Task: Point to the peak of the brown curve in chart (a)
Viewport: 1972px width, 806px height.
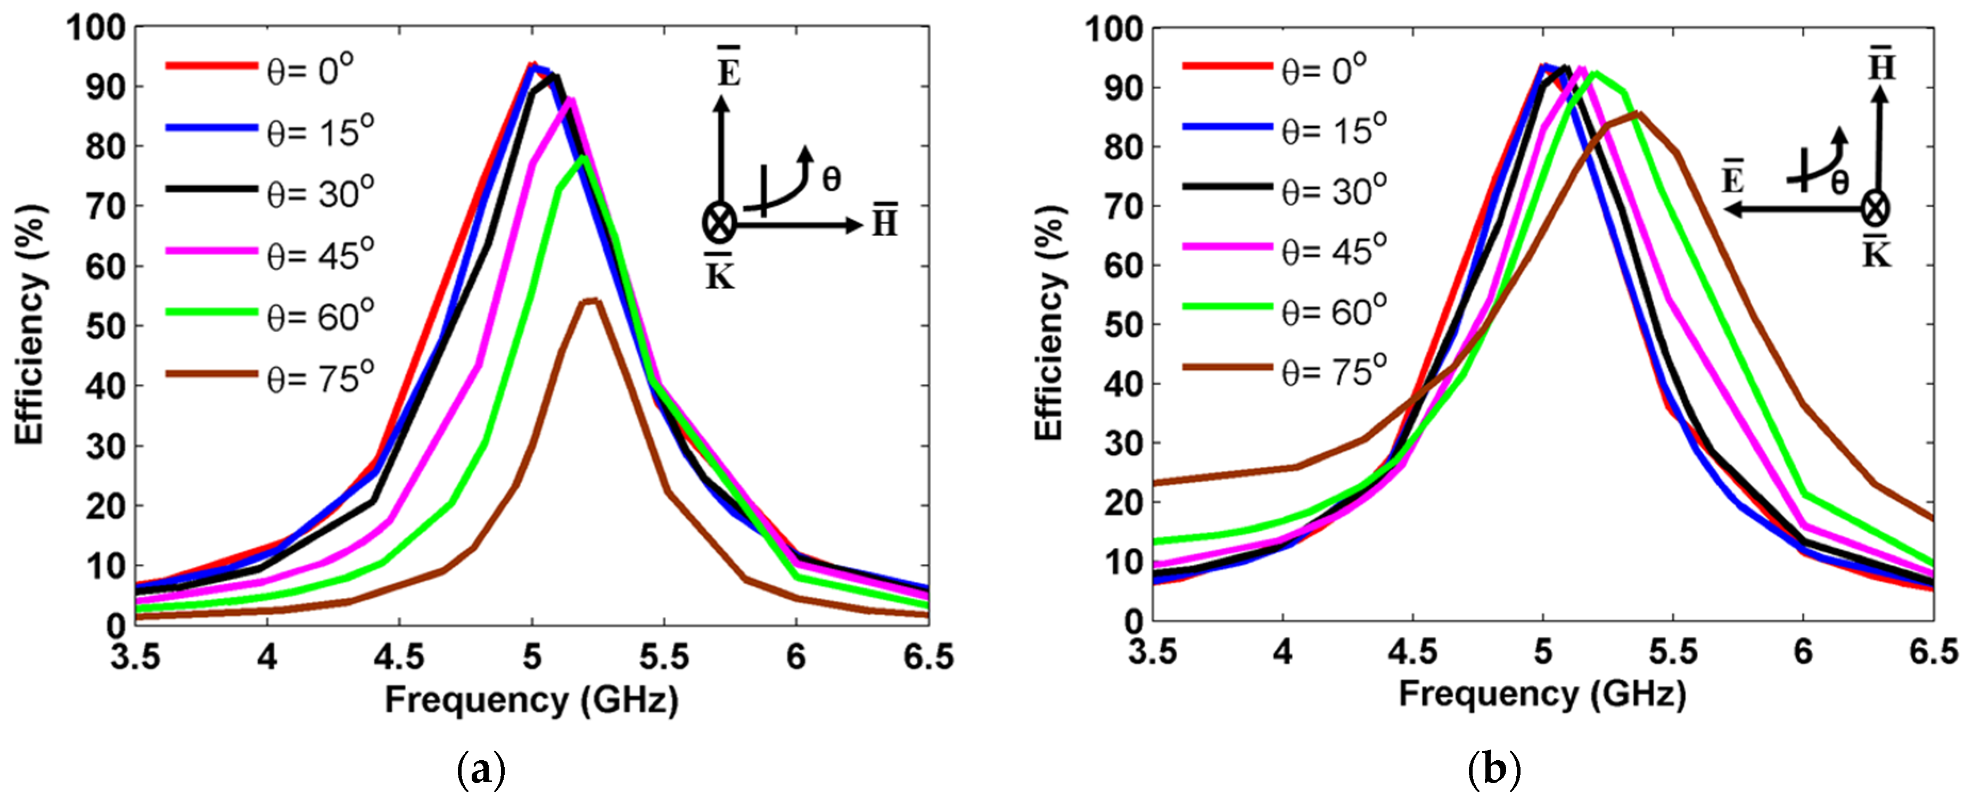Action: click(x=591, y=300)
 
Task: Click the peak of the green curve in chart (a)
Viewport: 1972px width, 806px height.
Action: click(x=584, y=159)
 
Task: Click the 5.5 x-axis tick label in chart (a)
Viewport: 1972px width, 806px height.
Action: click(x=664, y=657)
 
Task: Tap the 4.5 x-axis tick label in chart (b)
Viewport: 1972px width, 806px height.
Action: click(x=1413, y=652)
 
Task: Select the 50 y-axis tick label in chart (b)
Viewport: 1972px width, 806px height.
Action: click(x=1122, y=325)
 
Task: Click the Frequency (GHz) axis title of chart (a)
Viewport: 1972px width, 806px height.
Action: click(x=531, y=700)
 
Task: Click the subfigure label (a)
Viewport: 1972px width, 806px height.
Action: click(x=481, y=770)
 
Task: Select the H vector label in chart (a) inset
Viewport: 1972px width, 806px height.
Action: click(x=885, y=220)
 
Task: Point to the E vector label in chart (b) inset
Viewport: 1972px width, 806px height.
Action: click(x=1733, y=178)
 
